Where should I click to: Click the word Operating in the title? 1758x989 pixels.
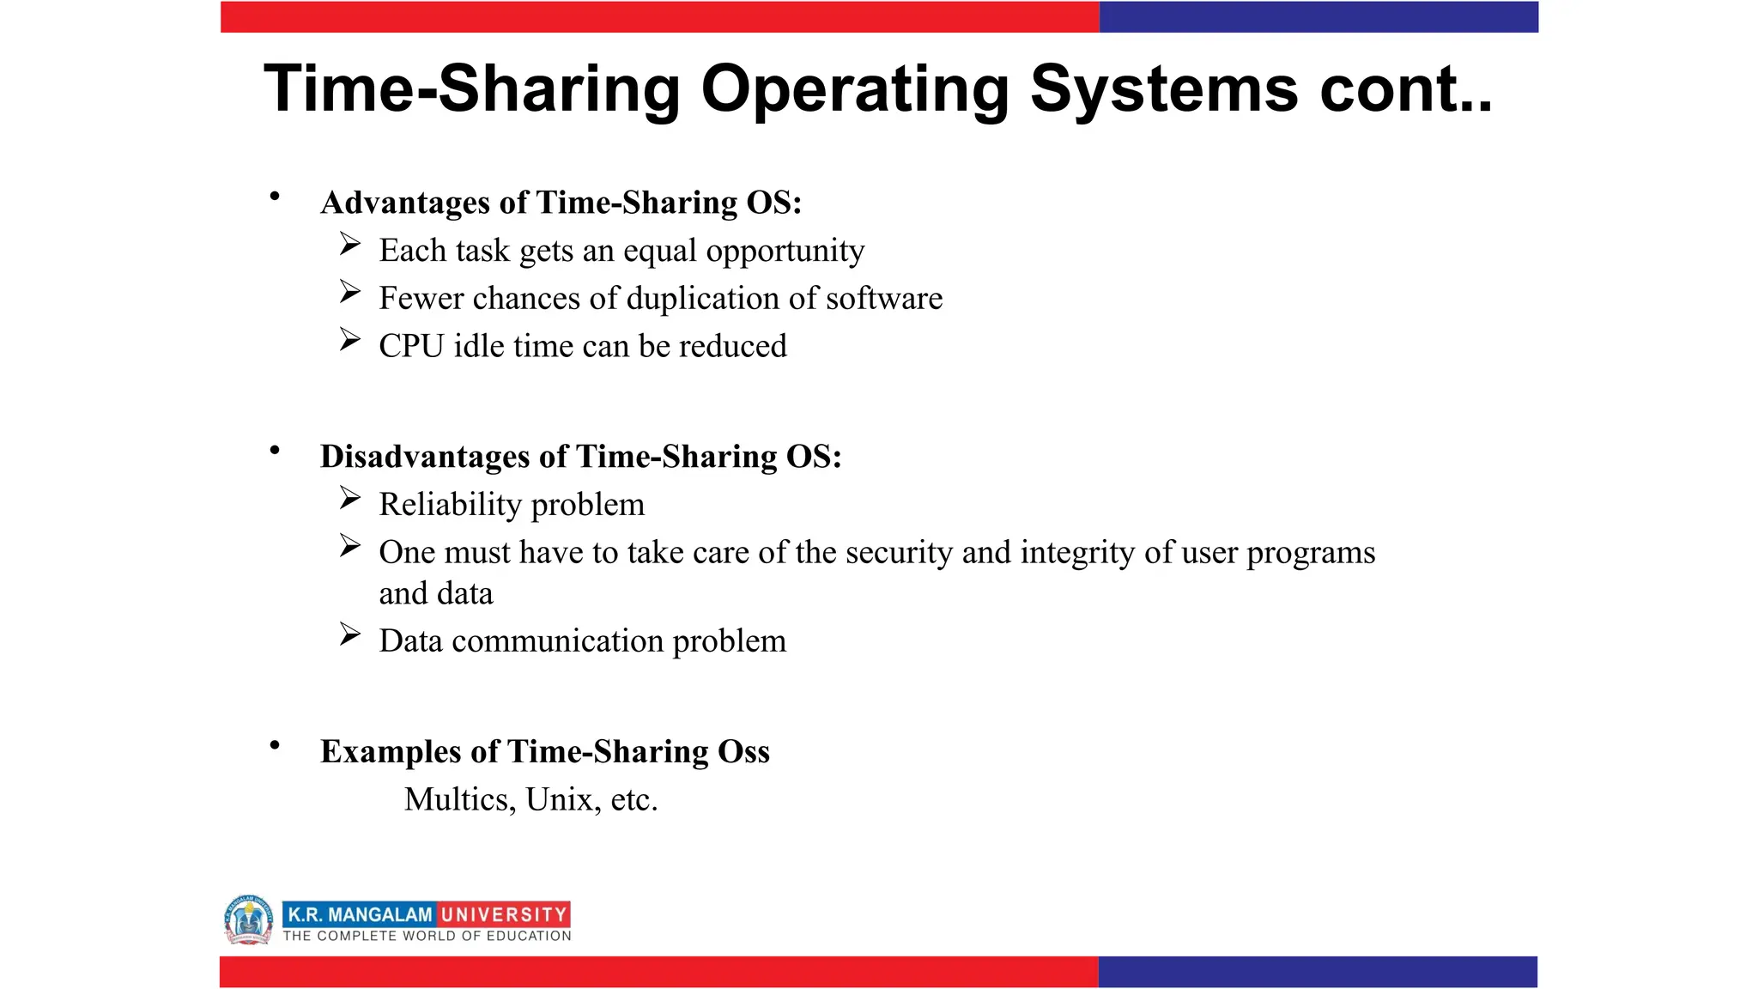[x=855, y=89]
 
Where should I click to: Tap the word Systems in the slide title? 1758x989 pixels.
[x=1163, y=89]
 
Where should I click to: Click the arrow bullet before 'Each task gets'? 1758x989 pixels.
[x=349, y=245]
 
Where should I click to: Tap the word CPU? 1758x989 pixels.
[x=411, y=346]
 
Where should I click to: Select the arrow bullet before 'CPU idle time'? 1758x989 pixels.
[x=349, y=340]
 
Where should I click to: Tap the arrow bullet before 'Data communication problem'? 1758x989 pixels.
[x=349, y=635]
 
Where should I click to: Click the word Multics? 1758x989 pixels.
[x=459, y=800]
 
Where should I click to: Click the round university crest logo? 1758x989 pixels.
[x=248, y=919]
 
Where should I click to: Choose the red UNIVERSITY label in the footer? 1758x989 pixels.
[x=504, y=915]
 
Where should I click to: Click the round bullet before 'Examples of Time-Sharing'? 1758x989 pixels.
[x=275, y=745]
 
